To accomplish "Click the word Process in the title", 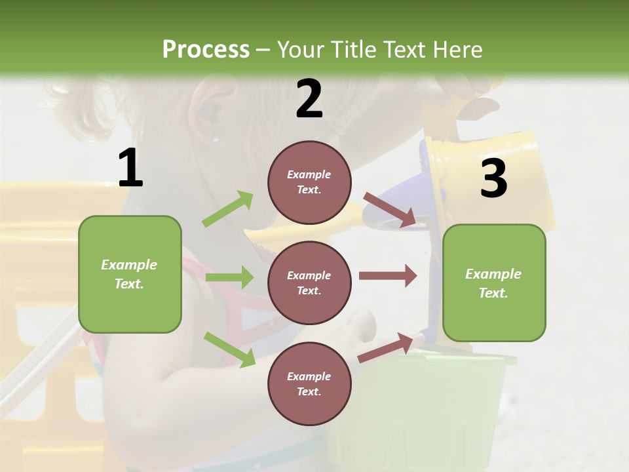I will pos(206,50).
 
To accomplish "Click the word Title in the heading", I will pos(354,50).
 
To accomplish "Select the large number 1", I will pos(130,168).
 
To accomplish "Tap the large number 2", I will pos(309,99).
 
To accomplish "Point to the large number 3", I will pos(493,179).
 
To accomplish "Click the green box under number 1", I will pos(130,274).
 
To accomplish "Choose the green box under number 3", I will pos(494,283).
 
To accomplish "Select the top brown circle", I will pos(309,182).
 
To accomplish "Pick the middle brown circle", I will pos(309,283).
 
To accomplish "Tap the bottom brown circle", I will pos(309,383).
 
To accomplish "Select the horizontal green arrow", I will pos(229,277).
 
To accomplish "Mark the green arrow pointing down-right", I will pos(230,349).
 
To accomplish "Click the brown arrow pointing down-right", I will pos(389,210).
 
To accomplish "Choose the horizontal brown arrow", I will pos(387,275).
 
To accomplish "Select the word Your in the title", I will pos(301,50).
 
